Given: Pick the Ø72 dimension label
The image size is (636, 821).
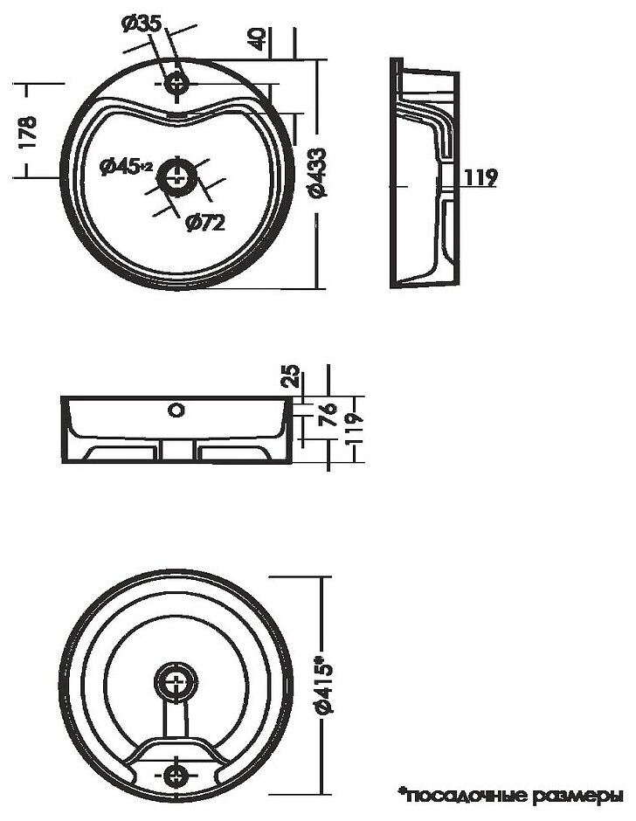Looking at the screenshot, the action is point(205,223).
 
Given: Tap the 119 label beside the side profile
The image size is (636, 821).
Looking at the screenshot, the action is point(479,178).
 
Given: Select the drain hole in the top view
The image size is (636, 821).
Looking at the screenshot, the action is point(179,175).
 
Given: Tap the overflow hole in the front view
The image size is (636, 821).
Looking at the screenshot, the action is point(176,409).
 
